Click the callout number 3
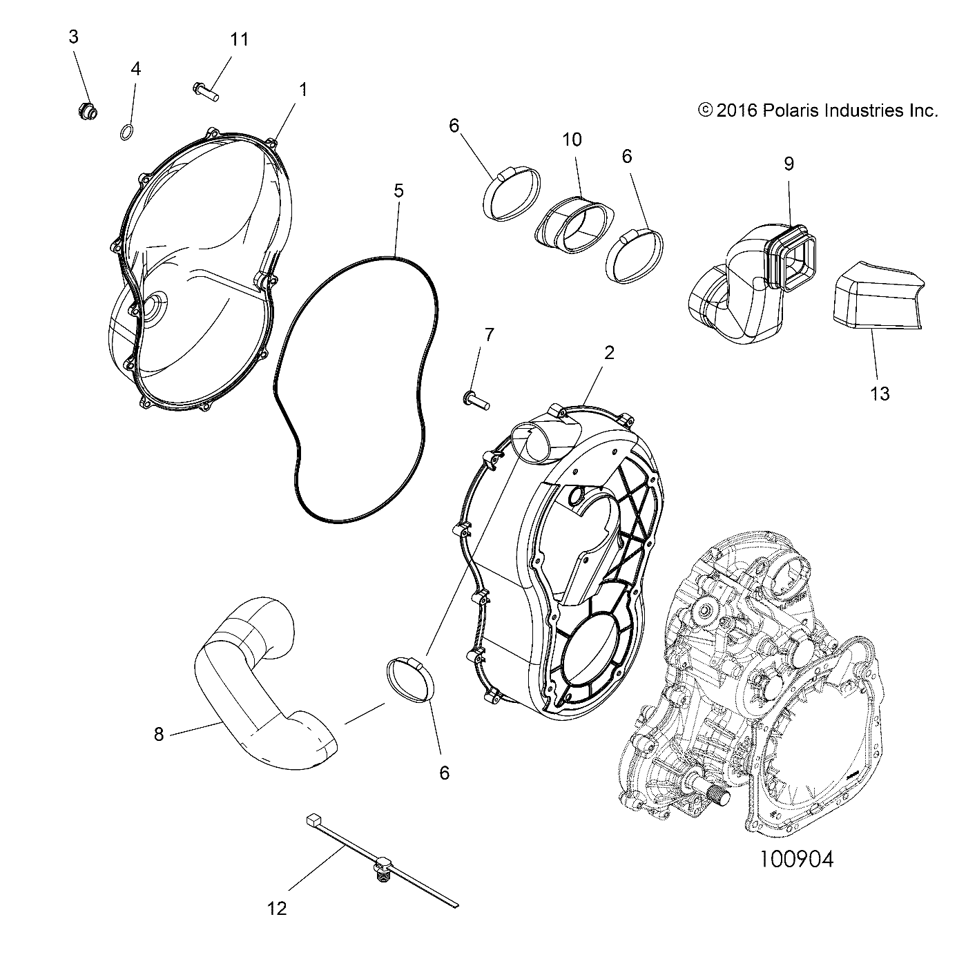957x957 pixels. (x=73, y=37)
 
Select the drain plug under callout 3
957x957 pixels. (x=87, y=110)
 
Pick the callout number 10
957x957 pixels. (x=572, y=139)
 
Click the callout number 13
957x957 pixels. (x=880, y=394)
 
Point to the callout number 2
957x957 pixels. (x=608, y=353)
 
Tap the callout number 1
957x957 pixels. (x=302, y=89)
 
